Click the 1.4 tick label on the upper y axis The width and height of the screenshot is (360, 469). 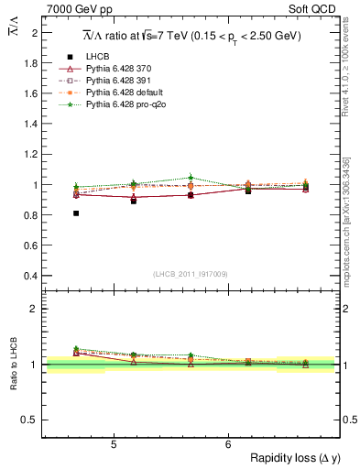tap(30, 124)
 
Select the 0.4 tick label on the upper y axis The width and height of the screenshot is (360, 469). tap(30, 276)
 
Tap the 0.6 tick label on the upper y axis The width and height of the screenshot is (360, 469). tap(30, 245)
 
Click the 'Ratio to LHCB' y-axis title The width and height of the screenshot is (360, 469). tap(12, 362)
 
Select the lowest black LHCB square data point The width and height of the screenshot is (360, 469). tap(76, 213)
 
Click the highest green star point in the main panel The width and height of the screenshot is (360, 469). tap(191, 178)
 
